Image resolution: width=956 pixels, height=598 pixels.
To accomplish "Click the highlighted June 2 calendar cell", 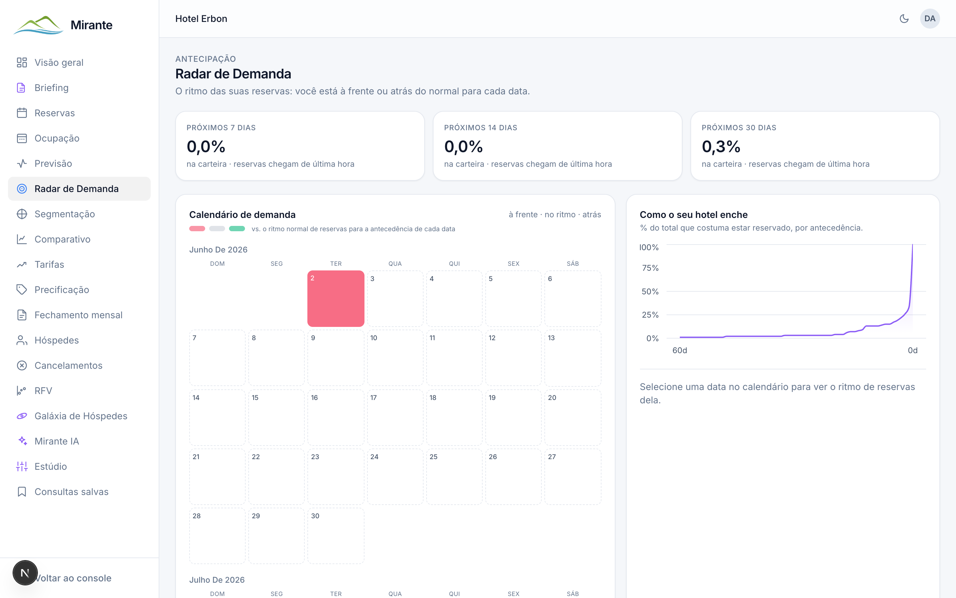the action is pos(336,299).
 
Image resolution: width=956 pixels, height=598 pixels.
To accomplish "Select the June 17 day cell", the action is pos(395,417).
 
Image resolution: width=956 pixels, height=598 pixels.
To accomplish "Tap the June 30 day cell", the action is pos(336,536).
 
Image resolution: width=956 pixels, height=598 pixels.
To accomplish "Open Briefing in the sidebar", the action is pos(51,88).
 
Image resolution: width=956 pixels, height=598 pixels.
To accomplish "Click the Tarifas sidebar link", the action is pos(49,264).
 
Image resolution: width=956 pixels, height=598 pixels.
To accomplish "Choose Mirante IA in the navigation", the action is pos(56,442).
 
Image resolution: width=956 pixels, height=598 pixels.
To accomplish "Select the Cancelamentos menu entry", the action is pos(68,365).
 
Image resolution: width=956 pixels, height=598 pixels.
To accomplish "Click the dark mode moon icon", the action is pos(904,19).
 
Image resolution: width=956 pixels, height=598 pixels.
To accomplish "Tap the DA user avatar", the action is pos(929,19).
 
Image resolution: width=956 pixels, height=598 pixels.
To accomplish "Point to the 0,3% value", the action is pos(721,147).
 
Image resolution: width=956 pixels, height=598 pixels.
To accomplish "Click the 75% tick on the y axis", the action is pos(650,268).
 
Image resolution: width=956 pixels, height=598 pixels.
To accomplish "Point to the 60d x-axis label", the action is pos(679,350).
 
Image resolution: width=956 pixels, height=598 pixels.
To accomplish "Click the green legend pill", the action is pos(237,229).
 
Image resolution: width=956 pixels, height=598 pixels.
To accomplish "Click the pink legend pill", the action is pos(197,229).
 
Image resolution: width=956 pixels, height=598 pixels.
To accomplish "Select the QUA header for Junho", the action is pos(395,264).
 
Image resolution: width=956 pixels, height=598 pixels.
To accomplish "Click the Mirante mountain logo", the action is pos(38,25).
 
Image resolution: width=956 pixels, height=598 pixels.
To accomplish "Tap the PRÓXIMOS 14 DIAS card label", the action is pos(480,128).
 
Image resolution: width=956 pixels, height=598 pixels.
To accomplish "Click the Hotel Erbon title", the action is pos(201,19).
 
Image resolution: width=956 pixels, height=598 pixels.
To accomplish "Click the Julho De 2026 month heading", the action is pos(217,580).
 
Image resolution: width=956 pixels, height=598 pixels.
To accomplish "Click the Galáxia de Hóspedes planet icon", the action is pos(22,416).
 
